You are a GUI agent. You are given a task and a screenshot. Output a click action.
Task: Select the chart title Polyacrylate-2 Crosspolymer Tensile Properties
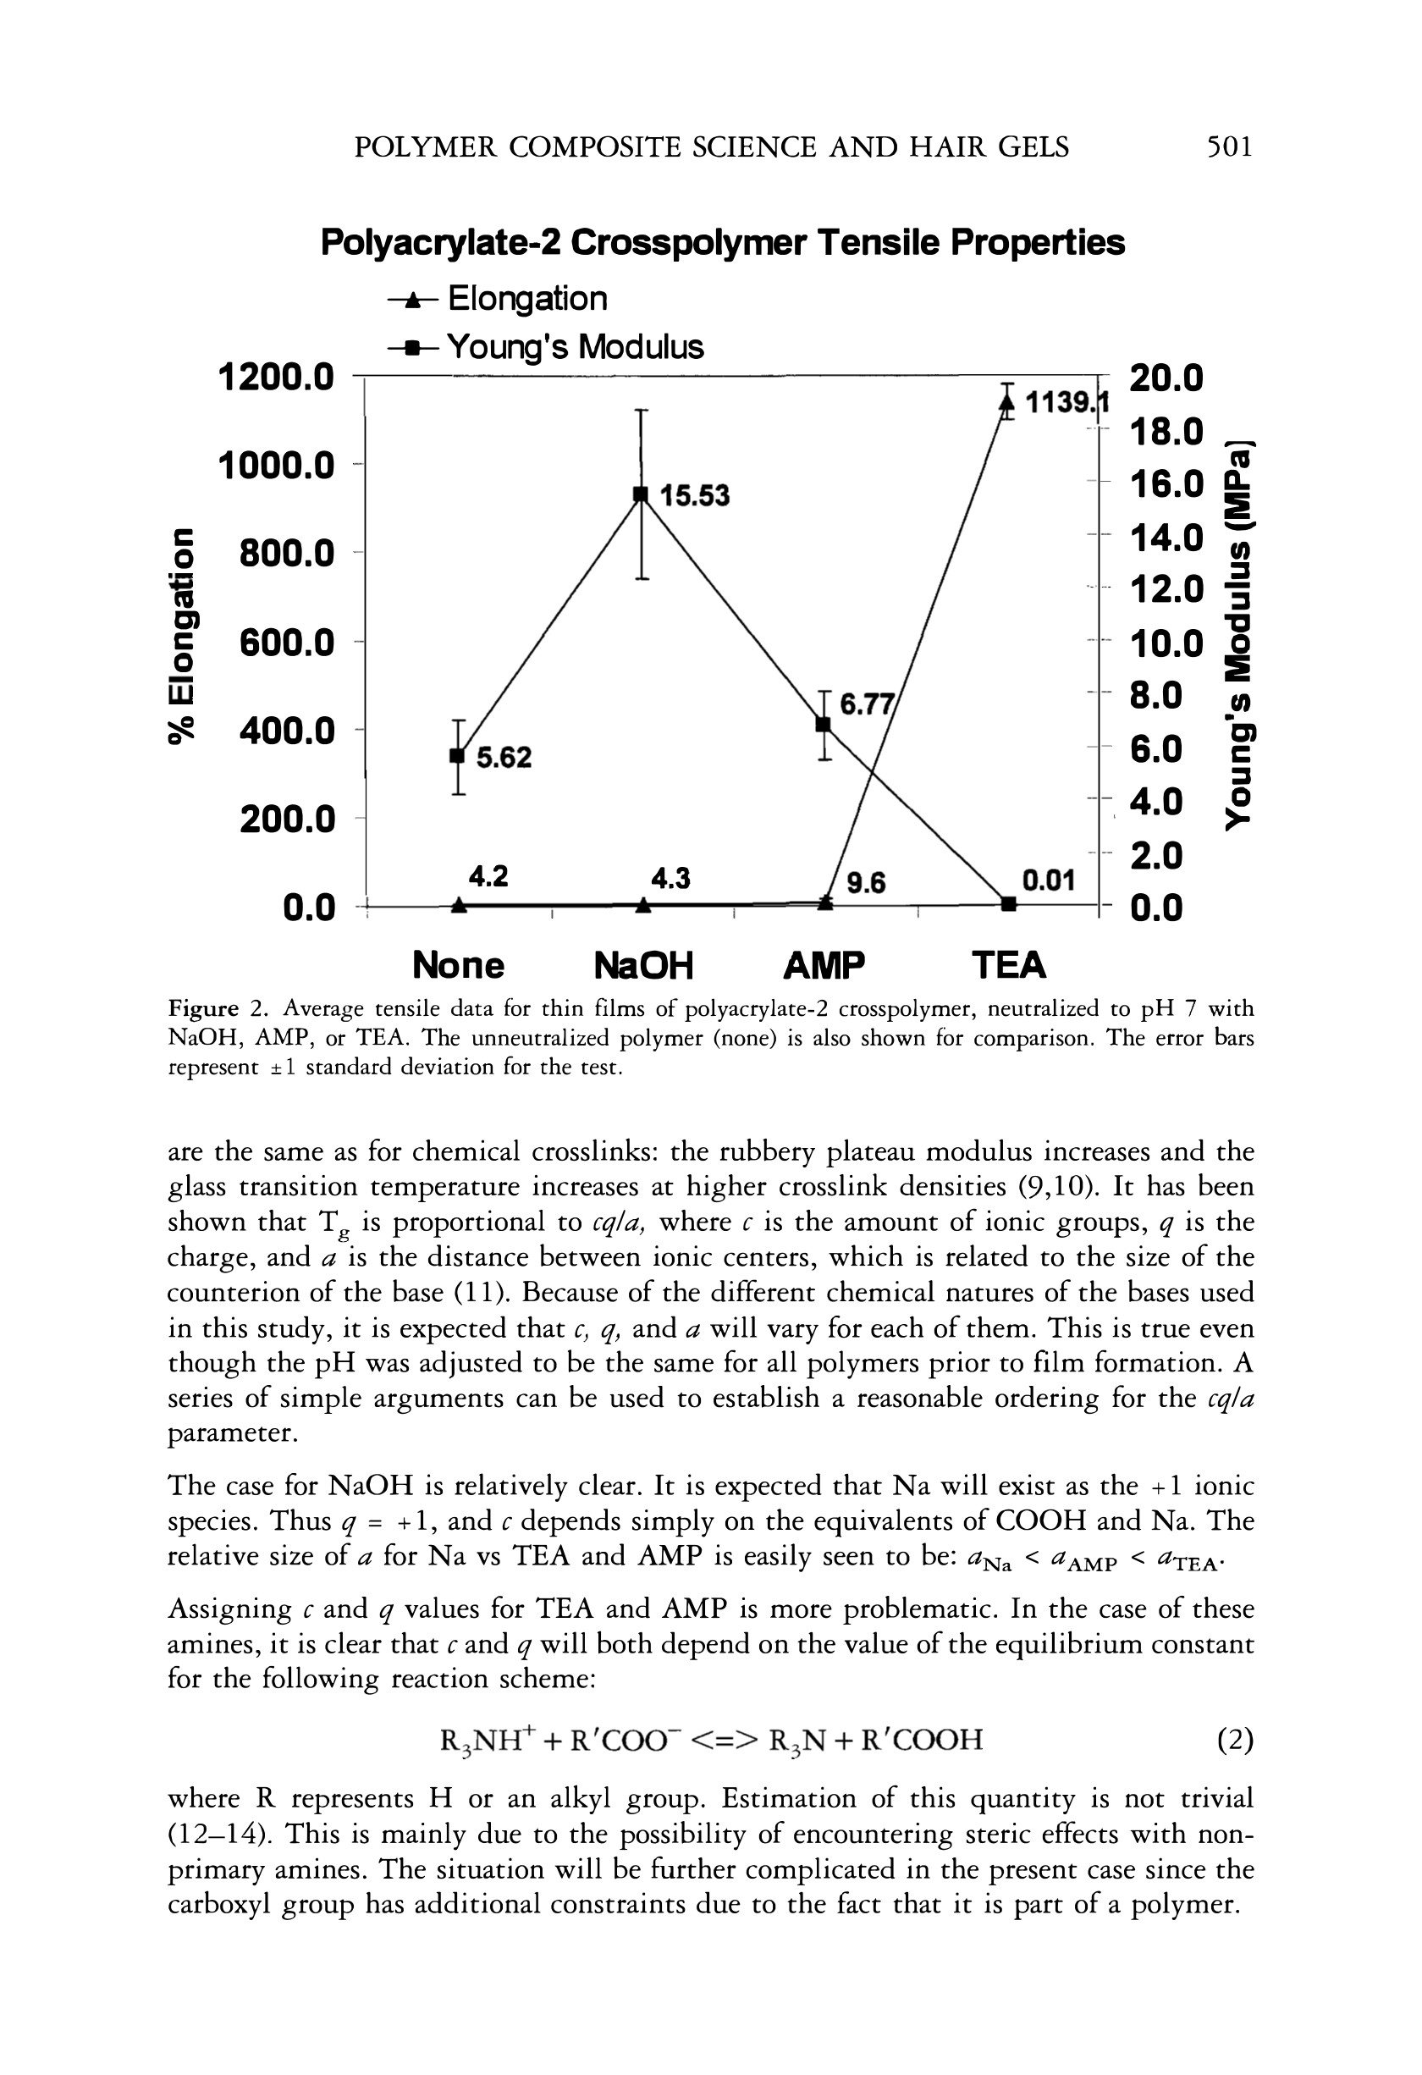click(722, 243)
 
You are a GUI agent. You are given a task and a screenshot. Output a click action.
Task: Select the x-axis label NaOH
click(642, 965)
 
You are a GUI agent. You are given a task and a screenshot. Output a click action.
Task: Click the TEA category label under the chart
click(1009, 965)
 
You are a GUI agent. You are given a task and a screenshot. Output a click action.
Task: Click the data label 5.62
click(504, 758)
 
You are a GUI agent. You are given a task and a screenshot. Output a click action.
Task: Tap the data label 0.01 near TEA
click(1047, 882)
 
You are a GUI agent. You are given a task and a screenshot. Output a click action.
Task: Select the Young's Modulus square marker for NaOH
click(640, 494)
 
